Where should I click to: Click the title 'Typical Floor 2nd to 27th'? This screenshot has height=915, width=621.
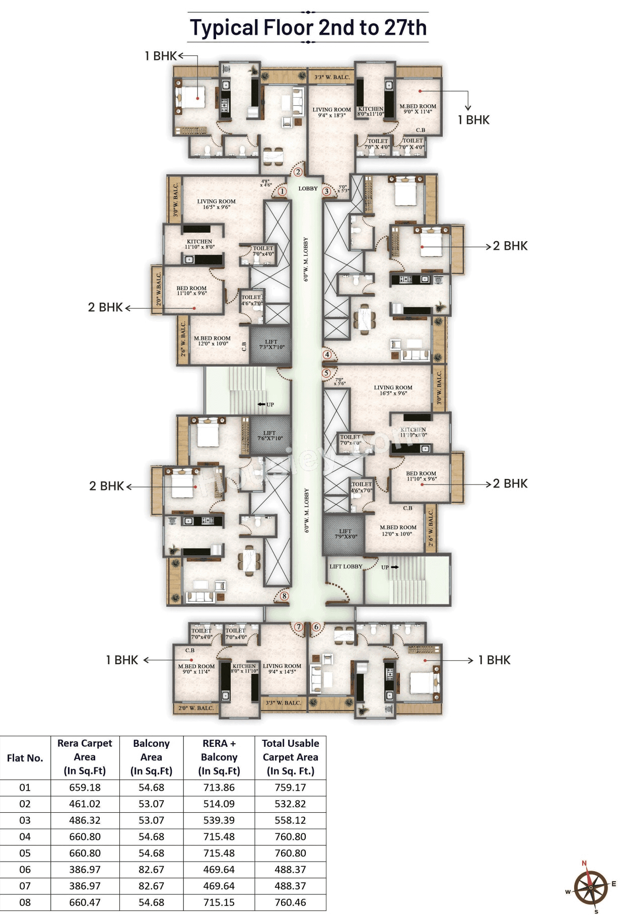coord(308,27)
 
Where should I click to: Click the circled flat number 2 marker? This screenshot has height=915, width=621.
coord(298,172)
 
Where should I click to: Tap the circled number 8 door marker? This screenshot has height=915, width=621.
coord(284,596)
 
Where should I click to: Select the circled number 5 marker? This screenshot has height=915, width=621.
coord(326,373)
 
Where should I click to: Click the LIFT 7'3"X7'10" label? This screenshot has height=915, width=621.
coord(271,344)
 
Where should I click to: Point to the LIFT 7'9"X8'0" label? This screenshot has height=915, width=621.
coord(346,534)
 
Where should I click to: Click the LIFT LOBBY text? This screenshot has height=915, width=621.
coord(346,567)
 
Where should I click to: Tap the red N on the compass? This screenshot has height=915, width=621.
coord(584,863)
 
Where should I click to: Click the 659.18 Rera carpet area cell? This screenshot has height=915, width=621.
coord(85,788)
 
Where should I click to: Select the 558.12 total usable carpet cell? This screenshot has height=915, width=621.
coord(290,820)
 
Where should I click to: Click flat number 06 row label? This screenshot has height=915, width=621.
coord(25,870)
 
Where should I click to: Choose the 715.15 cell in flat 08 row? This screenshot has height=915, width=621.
coord(219,902)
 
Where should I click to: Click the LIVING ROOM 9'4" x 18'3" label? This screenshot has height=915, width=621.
coord(331,112)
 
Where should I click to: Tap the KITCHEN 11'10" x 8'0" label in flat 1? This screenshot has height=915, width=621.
coord(199,244)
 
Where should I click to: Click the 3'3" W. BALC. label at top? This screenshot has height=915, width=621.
coord(332,77)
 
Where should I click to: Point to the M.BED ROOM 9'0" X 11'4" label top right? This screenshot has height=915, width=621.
coord(418,109)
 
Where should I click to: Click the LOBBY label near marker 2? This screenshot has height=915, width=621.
coord(308,188)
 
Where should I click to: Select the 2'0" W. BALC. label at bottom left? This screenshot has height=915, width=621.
coord(196,708)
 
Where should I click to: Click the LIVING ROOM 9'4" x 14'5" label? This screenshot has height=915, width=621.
coord(282,668)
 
